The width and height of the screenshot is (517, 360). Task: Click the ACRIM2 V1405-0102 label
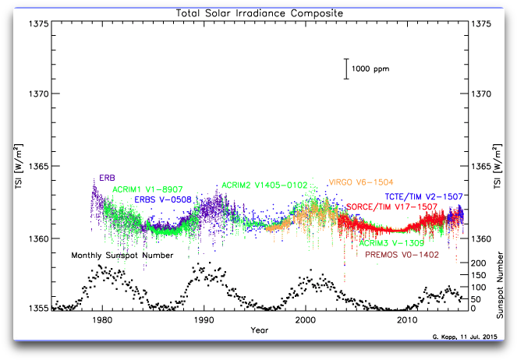coord(264,185)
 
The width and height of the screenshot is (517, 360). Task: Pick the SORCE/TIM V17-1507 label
coord(391,207)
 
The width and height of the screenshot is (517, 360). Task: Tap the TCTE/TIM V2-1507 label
coord(424,196)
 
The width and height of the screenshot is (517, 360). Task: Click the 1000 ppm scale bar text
coord(370,69)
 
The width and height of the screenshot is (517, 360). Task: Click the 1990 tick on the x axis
coord(204,319)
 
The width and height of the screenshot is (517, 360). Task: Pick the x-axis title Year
coord(260,330)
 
